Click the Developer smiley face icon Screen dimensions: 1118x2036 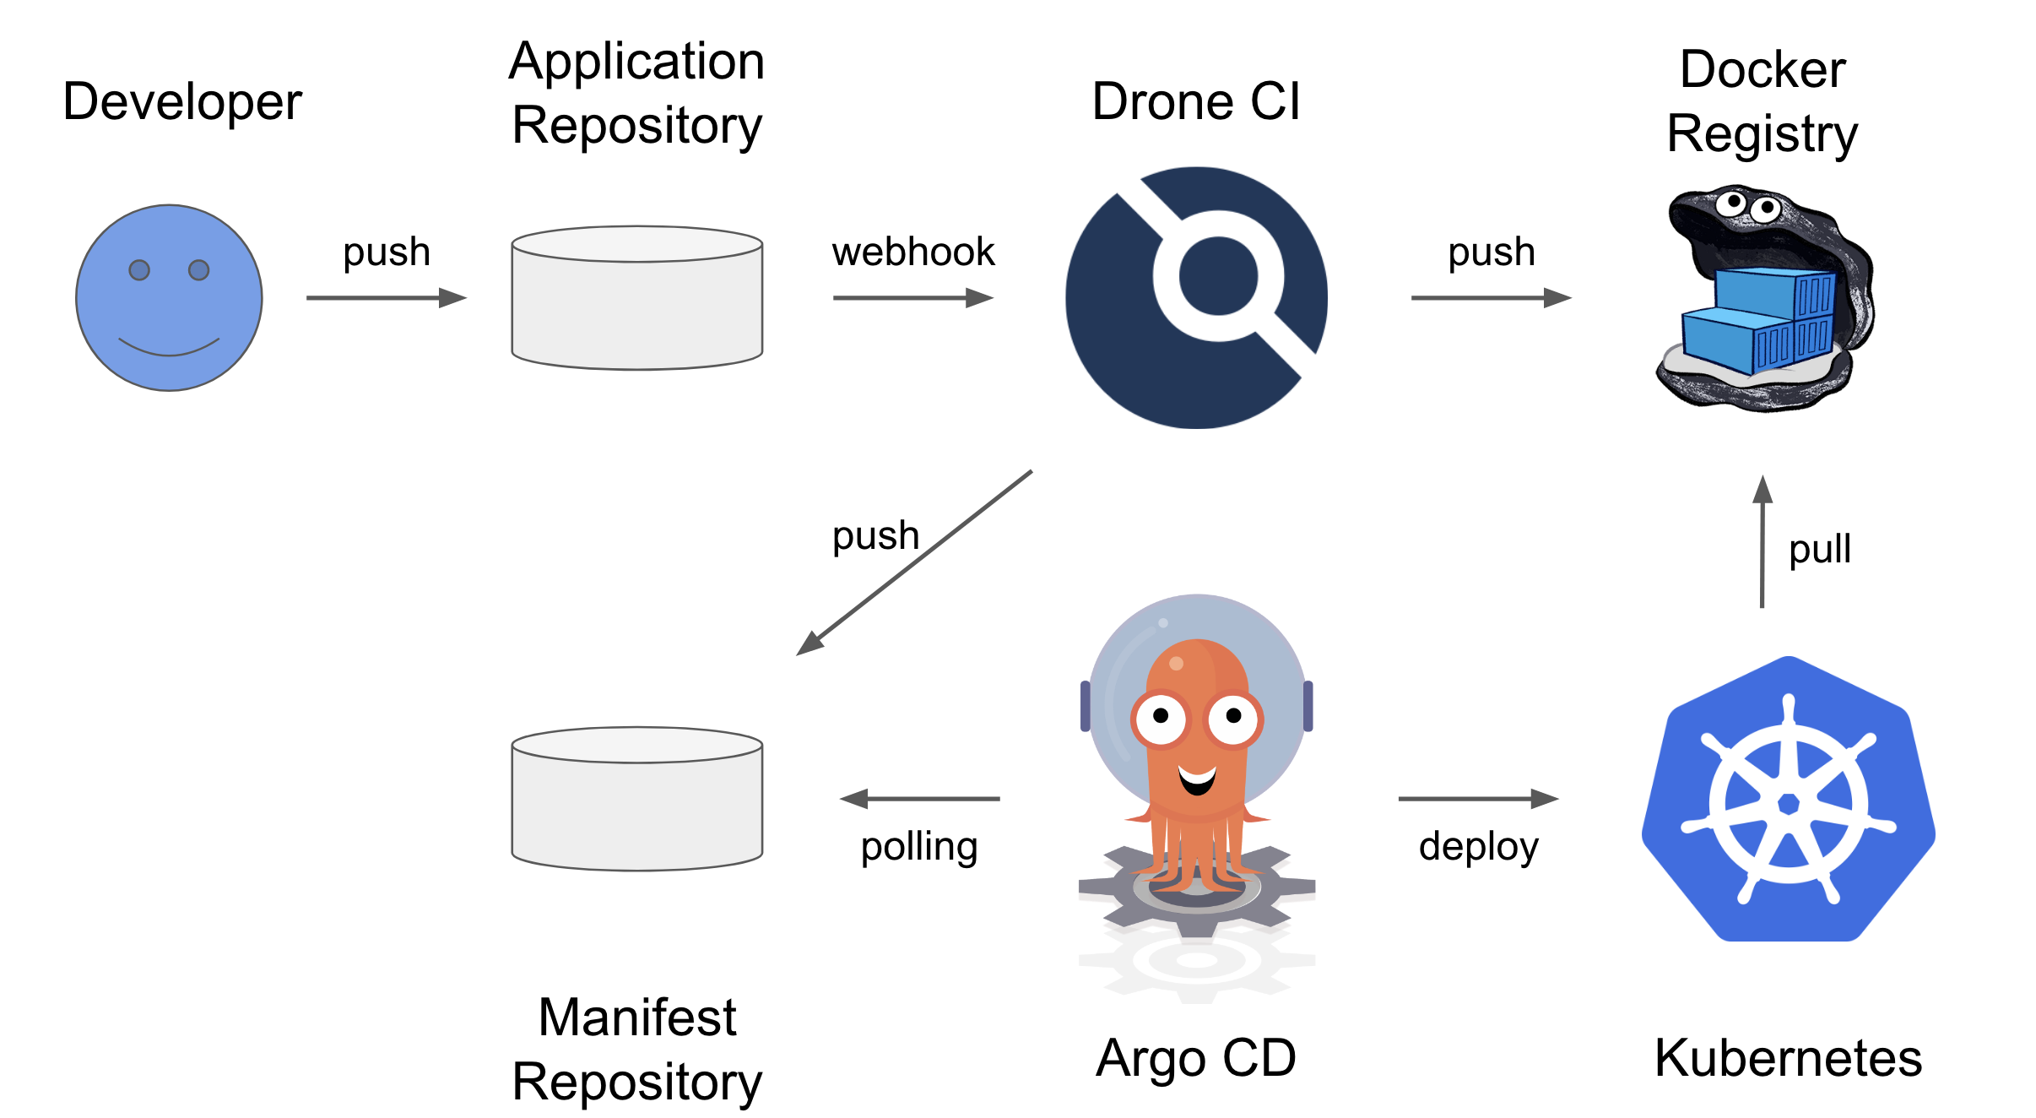[x=169, y=297]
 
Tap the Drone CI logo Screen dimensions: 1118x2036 [x=1196, y=297]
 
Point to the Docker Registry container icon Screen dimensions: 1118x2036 [x=1764, y=300]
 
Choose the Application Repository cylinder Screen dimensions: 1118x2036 [x=637, y=297]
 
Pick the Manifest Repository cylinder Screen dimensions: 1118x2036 [x=637, y=799]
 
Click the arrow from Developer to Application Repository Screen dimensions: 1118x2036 [x=386, y=297]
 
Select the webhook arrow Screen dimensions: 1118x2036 [x=912, y=297]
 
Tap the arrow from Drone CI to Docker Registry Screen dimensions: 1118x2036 [x=1491, y=297]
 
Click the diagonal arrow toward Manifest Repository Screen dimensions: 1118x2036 [x=914, y=562]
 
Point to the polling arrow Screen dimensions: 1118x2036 [x=920, y=798]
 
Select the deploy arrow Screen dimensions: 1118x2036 [x=1478, y=798]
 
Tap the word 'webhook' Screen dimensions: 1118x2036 [x=913, y=252]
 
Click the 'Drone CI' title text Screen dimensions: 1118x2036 [x=1196, y=101]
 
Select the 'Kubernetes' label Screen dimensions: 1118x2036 [x=1788, y=1058]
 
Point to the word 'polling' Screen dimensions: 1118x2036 [x=919, y=847]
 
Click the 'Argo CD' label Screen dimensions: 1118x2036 [x=1196, y=1058]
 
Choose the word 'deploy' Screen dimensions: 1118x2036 [x=1479, y=847]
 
